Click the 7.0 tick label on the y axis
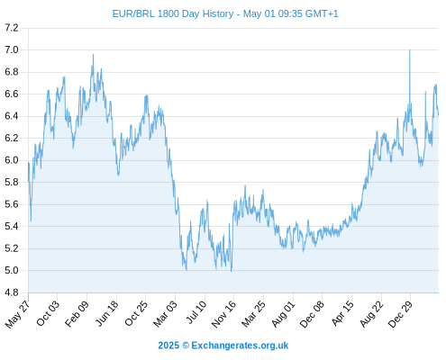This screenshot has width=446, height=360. pos(12,49)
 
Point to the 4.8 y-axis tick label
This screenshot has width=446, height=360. pos(12,292)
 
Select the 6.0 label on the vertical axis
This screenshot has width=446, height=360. pos(12,160)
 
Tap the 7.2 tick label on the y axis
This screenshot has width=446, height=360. pos(12,28)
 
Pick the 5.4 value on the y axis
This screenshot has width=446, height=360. pos(12,227)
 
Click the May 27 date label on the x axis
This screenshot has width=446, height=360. pos(18,314)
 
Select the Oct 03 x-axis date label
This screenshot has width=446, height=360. pos(48,313)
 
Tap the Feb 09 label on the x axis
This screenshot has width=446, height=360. pos(77,313)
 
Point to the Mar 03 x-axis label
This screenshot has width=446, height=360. pos(166,314)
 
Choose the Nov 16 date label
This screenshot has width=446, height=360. pos(223,314)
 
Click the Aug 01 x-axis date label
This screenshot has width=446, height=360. pos(284,314)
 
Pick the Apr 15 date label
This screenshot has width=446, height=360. pos(342,313)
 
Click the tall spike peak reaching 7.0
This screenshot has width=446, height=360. pos(410,50)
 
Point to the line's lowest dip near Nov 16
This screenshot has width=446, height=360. pos(231,271)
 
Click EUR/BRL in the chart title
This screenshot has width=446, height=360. pos(133,13)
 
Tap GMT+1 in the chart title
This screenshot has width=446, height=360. pos(322,13)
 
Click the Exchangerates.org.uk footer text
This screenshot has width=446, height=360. pos(240,346)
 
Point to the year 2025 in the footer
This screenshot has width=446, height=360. pos(168,346)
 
